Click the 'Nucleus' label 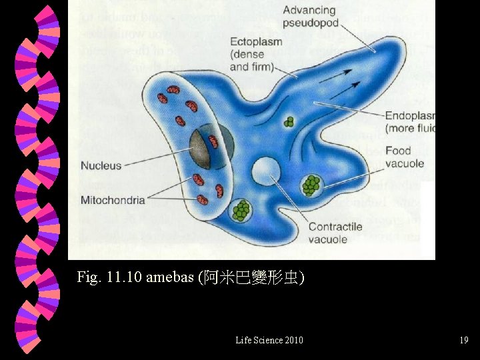click(101, 165)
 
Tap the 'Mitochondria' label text click(113, 200)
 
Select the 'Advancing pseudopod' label click(310, 17)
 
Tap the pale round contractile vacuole click(265, 171)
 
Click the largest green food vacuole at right click(311, 185)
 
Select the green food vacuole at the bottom click(241, 210)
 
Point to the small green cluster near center click(289, 122)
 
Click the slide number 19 click(463, 341)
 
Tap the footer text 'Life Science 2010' click(269, 341)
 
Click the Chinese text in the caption click(250, 277)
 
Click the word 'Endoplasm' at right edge click(409, 115)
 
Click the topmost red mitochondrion click(173, 90)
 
